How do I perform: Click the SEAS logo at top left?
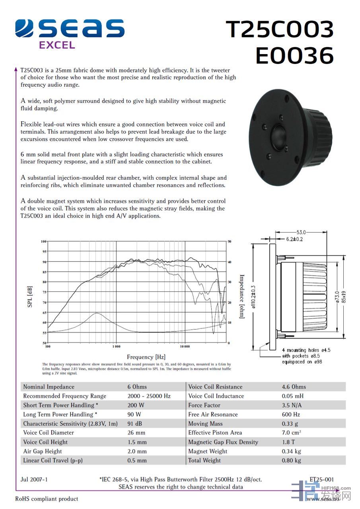(x=70, y=29)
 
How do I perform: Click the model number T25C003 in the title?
(x=280, y=29)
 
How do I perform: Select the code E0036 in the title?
(x=294, y=55)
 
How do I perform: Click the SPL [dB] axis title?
(x=30, y=296)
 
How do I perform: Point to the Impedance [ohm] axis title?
(x=241, y=296)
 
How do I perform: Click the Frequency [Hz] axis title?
(x=146, y=357)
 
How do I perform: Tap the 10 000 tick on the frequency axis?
(x=184, y=347)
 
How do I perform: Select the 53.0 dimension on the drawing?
(x=301, y=232)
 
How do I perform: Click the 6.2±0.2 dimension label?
(x=295, y=239)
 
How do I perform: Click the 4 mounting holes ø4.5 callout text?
(x=306, y=350)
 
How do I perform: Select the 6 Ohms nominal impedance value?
(x=137, y=387)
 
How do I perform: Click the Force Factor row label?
(x=204, y=405)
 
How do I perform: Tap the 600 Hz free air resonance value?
(x=291, y=414)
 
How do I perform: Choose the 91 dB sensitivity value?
(x=135, y=424)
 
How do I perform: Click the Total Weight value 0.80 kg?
(x=291, y=460)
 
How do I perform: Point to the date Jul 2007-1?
(x=34, y=480)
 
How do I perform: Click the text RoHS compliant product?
(x=47, y=499)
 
